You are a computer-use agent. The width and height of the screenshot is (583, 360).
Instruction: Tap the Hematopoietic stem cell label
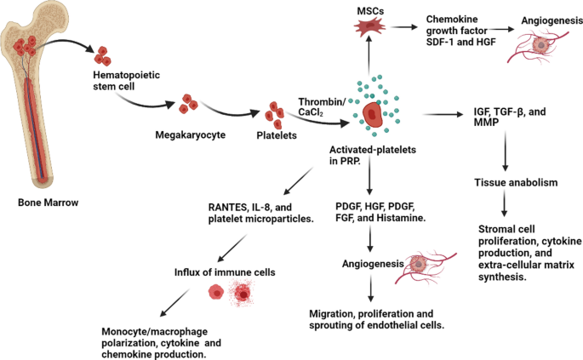(119, 83)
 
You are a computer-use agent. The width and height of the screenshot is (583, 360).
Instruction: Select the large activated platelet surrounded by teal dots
(371, 115)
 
